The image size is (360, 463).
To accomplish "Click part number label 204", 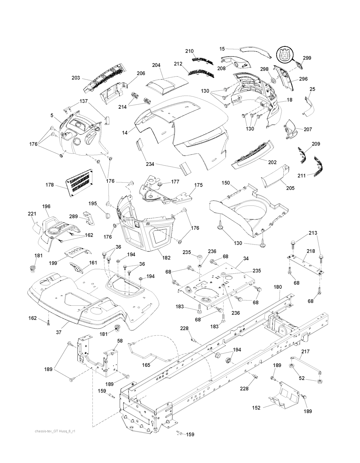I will coord(156,65).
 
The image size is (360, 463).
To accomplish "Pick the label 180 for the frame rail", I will coord(278,287).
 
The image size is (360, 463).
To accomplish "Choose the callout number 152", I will coord(257,408).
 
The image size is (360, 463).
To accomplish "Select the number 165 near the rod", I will coord(146,365).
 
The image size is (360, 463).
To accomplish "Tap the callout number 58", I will coord(120,341).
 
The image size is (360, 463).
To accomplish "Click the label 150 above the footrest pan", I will coord(226,183).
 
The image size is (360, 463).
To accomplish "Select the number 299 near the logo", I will coord(307,58).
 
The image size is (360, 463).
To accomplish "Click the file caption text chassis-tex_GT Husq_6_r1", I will coord(54,431).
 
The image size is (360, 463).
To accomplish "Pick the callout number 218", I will coord(310,252).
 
